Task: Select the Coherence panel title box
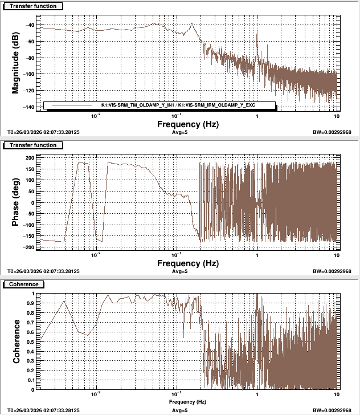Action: click(x=22, y=284)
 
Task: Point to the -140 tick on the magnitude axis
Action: click(x=29, y=107)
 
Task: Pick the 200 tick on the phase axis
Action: click(x=30, y=157)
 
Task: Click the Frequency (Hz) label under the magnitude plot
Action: click(x=187, y=123)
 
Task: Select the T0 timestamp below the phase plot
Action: click(x=44, y=271)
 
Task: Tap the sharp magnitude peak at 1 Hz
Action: click(x=257, y=34)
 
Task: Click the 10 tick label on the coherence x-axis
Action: click(x=336, y=394)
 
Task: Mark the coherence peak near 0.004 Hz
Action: click(x=64, y=301)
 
